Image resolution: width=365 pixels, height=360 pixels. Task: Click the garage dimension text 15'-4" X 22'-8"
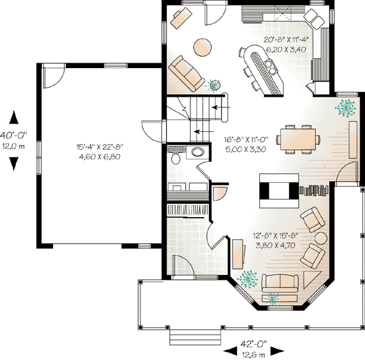[100, 147]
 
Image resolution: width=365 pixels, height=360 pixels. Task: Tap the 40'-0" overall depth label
[13, 135]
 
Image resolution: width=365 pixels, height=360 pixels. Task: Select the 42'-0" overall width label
[254, 343]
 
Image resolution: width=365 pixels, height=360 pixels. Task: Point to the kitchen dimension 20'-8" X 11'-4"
[286, 40]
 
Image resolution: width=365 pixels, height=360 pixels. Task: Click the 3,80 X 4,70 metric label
[276, 245]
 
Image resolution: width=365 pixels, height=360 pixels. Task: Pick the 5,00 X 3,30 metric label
[246, 149]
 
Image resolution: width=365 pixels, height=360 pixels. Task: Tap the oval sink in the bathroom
[198, 152]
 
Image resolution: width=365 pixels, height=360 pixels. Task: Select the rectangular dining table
[298, 139]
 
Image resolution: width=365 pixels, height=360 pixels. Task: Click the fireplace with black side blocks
[279, 191]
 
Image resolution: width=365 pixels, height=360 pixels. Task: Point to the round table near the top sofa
[203, 47]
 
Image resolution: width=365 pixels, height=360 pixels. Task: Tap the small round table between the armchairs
[321, 238]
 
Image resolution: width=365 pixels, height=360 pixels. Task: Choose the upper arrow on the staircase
[221, 107]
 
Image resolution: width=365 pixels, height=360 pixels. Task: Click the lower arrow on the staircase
[204, 132]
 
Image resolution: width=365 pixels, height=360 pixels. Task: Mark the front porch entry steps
[195, 337]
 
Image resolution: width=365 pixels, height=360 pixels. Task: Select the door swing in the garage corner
[54, 77]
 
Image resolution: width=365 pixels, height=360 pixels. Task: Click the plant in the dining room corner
[345, 108]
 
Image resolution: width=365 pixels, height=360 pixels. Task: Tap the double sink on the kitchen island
[271, 67]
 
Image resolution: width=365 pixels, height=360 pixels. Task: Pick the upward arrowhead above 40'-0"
[14, 117]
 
